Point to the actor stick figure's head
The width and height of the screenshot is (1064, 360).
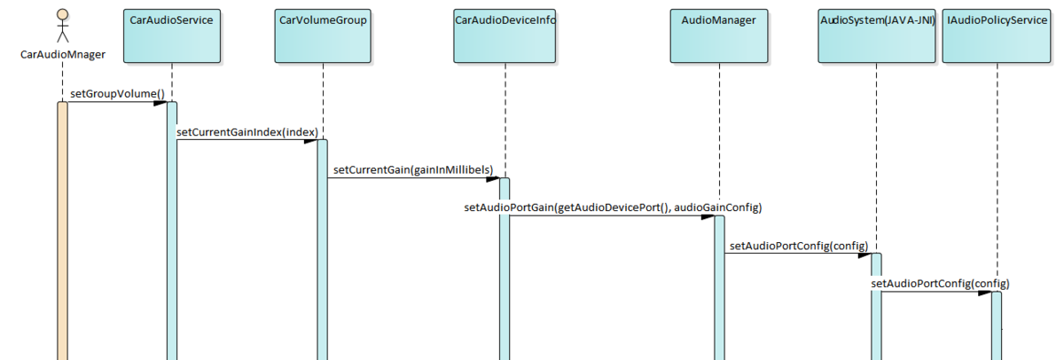pos(63,15)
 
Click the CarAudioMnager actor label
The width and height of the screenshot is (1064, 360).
pos(63,54)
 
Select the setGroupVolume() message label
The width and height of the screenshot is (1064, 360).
pos(118,93)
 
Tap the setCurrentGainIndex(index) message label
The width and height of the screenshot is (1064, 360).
pos(247,132)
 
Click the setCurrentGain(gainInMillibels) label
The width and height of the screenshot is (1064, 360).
pos(413,169)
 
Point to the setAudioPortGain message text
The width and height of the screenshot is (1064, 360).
pos(614,207)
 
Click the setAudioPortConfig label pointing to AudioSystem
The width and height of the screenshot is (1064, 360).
pos(797,245)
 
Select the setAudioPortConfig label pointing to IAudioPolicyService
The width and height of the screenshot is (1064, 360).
pos(940,284)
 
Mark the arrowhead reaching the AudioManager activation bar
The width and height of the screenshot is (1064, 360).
pos(708,215)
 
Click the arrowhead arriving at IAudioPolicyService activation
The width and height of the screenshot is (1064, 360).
pos(984,292)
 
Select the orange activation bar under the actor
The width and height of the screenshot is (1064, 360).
pos(63,231)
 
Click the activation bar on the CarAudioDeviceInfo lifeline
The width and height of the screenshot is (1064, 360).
pos(504,266)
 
